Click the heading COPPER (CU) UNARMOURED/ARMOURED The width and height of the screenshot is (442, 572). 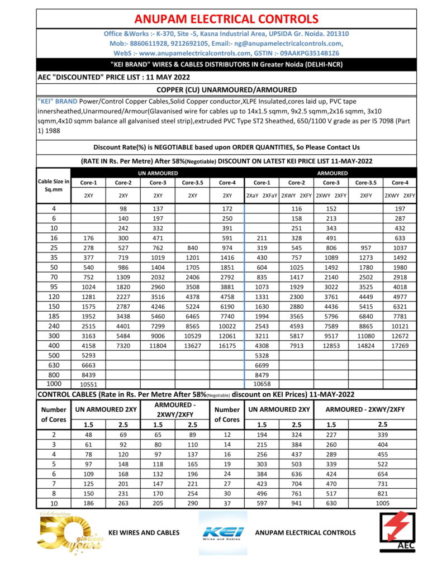pos(227,90)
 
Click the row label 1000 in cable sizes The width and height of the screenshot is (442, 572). pos(54,384)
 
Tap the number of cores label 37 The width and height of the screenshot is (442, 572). pos(226,503)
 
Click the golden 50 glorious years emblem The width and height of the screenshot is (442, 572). pos(64,532)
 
